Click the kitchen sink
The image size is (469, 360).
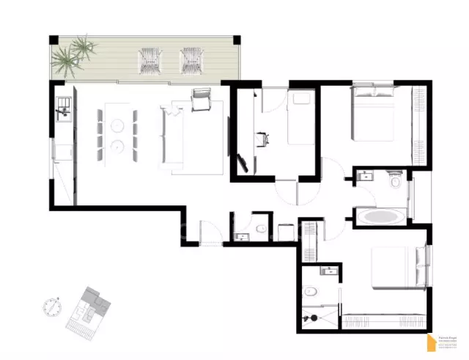pyautogui.click(x=63, y=114)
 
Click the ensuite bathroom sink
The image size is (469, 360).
pyautogui.click(x=329, y=271)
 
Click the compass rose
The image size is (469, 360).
pyautogui.click(x=51, y=307)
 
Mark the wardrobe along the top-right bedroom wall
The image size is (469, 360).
pyautogui.click(x=420, y=117)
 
